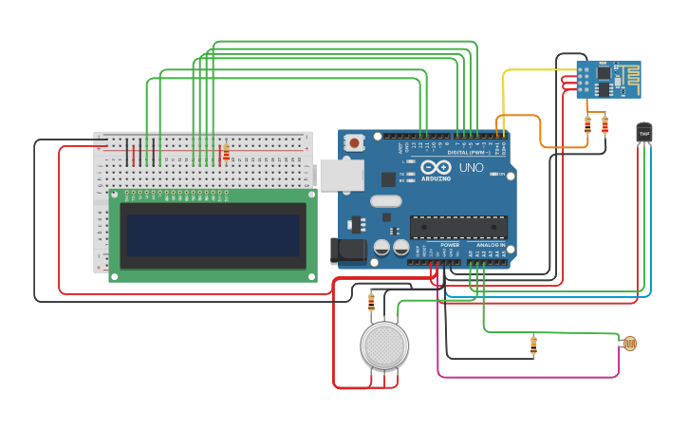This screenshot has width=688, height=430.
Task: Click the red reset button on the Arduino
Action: (x=354, y=143)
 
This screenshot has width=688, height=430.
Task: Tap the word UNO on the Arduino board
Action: (x=472, y=168)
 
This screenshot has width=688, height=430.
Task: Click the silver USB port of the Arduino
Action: (x=341, y=175)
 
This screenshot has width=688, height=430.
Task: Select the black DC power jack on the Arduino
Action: (x=348, y=251)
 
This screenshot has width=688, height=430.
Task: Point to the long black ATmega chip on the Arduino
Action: (x=458, y=227)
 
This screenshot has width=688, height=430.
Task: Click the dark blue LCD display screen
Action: (x=214, y=234)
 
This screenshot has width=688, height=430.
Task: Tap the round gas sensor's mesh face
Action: (x=384, y=346)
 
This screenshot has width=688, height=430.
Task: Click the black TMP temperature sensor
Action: (x=644, y=133)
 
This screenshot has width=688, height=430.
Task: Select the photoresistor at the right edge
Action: (x=629, y=344)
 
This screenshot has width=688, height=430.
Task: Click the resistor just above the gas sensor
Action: (x=371, y=302)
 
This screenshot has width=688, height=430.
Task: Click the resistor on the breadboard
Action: (x=225, y=152)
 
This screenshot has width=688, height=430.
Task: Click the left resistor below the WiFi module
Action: (x=587, y=124)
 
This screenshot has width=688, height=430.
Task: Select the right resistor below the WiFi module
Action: (x=604, y=124)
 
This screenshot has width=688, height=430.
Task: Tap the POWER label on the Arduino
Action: (x=449, y=245)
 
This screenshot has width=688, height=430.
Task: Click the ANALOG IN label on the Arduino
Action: (x=490, y=245)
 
